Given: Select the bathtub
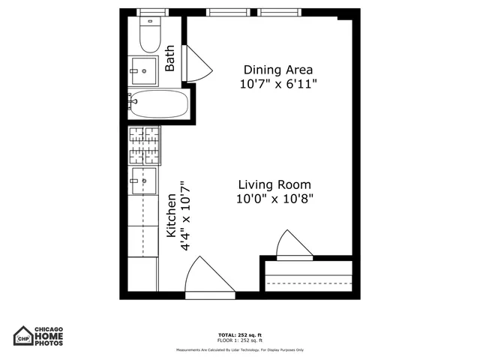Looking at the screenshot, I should tap(159, 104).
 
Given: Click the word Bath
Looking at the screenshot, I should tap(170, 58).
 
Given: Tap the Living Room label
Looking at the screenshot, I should tap(274, 184).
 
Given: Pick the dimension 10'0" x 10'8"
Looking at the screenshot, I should tap(274, 199).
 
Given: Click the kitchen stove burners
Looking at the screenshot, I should tap(145, 145).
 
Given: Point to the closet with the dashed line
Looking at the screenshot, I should tap(309, 277).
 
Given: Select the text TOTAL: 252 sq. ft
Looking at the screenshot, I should tap(239, 334).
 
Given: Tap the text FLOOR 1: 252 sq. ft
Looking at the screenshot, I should tap(239, 340).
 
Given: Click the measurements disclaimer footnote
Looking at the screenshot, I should tap(239, 349).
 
